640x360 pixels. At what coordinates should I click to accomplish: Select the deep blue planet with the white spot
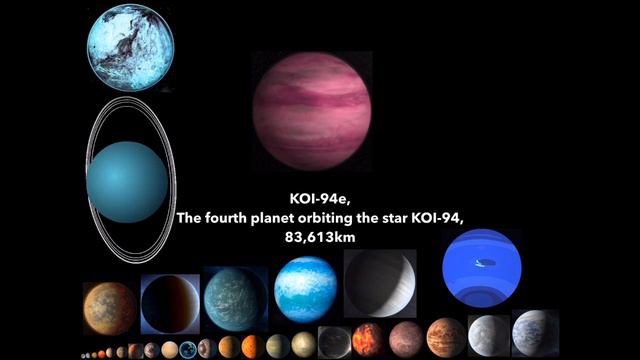pos(482,267)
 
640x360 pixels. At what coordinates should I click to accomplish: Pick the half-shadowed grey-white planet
pos(380,283)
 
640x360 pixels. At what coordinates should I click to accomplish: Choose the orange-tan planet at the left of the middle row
pos(110,307)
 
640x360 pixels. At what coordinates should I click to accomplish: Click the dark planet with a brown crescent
pos(170,303)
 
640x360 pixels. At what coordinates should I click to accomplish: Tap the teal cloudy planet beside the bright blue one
pos(235,299)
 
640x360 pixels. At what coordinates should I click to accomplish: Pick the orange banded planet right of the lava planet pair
pos(446,337)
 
